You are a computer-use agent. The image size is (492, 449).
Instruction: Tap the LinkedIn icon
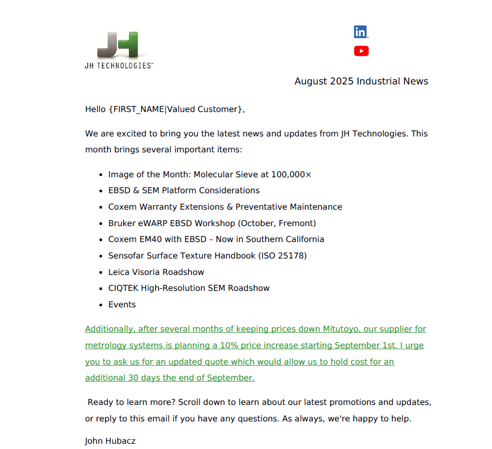pyautogui.click(x=361, y=32)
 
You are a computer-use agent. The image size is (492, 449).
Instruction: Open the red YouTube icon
pyautogui.click(x=361, y=51)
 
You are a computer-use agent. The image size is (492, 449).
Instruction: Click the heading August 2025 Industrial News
pyautogui.click(x=361, y=81)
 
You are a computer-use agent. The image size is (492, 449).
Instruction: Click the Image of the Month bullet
pyautogui.click(x=149, y=174)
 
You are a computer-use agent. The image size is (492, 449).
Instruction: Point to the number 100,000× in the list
pyautogui.click(x=291, y=174)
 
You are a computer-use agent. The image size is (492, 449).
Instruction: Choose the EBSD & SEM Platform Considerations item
pyautogui.click(x=184, y=191)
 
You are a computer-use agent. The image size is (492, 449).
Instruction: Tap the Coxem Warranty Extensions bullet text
pyautogui.click(x=225, y=207)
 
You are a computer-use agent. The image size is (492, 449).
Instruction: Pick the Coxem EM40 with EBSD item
pyautogui.click(x=216, y=239)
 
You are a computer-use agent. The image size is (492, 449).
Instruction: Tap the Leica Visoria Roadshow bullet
pyautogui.click(x=156, y=272)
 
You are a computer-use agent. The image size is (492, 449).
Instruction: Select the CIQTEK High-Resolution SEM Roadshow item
pyautogui.click(x=188, y=288)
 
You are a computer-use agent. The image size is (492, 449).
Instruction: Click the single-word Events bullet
pyautogui.click(x=122, y=305)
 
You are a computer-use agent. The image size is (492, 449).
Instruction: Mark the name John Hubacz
pyautogui.click(x=110, y=441)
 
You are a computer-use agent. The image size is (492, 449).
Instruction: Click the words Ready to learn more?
pyautogui.click(x=128, y=402)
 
